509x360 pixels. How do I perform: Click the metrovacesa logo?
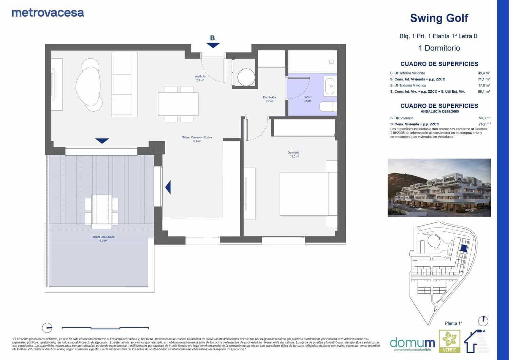point(48,13)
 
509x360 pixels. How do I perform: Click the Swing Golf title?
point(439,18)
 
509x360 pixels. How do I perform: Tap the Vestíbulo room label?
point(200,78)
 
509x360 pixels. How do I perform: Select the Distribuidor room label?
point(270,99)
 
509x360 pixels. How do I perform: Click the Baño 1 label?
point(307,99)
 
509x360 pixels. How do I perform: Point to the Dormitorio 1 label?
point(294,155)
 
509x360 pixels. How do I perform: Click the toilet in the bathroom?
point(328,107)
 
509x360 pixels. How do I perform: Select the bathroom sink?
point(329,86)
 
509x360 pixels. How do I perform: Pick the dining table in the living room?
point(178,104)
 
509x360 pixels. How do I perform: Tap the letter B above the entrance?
point(212,38)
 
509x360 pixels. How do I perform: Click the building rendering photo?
point(439,187)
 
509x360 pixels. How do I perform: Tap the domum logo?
point(412,343)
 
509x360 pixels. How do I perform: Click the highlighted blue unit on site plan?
point(464,248)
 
